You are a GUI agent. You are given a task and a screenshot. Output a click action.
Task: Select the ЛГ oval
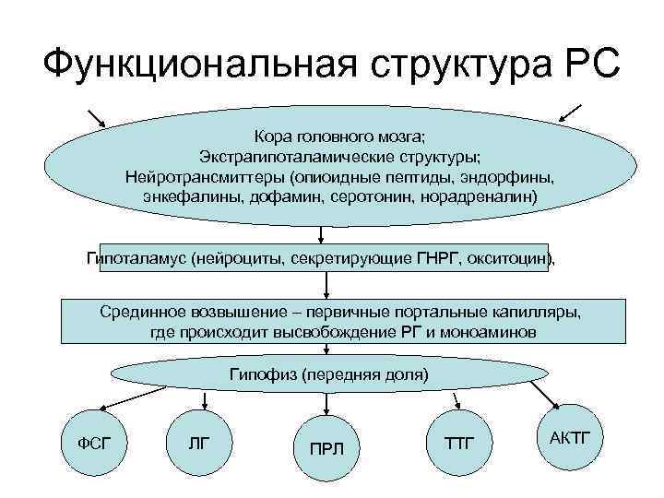tap(198, 444)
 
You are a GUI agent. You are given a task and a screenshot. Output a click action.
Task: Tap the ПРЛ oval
tap(326, 449)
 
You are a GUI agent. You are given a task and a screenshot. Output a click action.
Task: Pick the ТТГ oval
tap(460, 444)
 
